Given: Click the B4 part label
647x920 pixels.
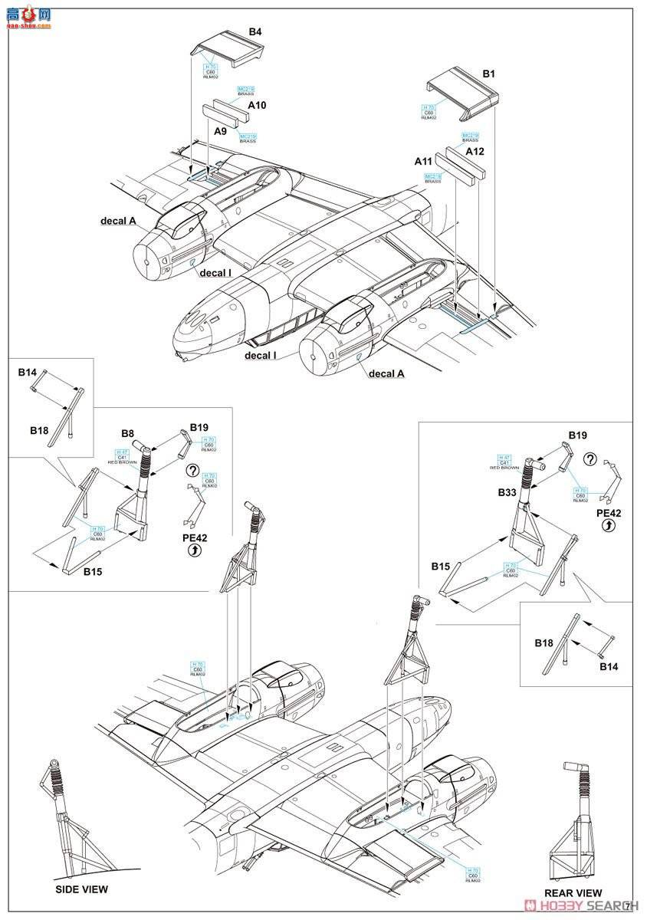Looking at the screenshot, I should pyautogui.click(x=255, y=32).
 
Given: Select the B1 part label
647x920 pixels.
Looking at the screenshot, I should pyautogui.click(x=488, y=74).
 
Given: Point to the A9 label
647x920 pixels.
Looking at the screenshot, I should pyautogui.click(x=221, y=131).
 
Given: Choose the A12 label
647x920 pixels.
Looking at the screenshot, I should pyautogui.click(x=475, y=151).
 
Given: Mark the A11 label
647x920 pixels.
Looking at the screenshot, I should pyautogui.click(x=423, y=162).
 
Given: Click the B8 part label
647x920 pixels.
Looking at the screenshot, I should pyautogui.click(x=128, y=433).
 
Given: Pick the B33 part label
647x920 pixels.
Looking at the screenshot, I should pyautogui.click(x=507, y=493).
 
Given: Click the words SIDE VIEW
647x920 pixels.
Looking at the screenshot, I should pyautogui.click(x=81, y=889).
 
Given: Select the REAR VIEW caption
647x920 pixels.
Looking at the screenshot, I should pyautogui.click(x=573, y=892).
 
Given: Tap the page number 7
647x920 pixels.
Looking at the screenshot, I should pyautogui.click(x=627, y=905).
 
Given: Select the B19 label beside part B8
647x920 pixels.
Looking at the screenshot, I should pyautogui.click(x=199, y=427).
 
